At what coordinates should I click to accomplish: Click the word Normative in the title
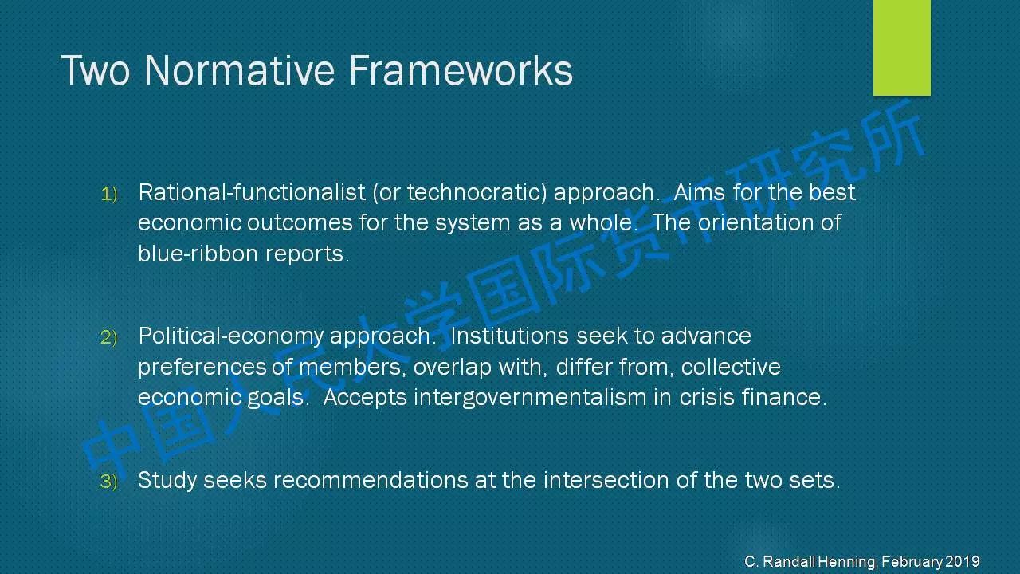tap(240, 70)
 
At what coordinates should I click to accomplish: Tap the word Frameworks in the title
tap(461, 70)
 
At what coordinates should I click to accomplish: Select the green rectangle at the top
tap(901, 47)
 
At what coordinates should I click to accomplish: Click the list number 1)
tap(109, 194)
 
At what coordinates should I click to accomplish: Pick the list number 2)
tap(109, 337)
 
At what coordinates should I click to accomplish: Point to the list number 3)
tap(109, 482)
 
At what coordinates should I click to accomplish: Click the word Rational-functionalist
tap(252, 192)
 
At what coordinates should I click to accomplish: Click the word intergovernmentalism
tap(530, 397)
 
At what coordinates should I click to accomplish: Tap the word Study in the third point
tap(167, 480)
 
